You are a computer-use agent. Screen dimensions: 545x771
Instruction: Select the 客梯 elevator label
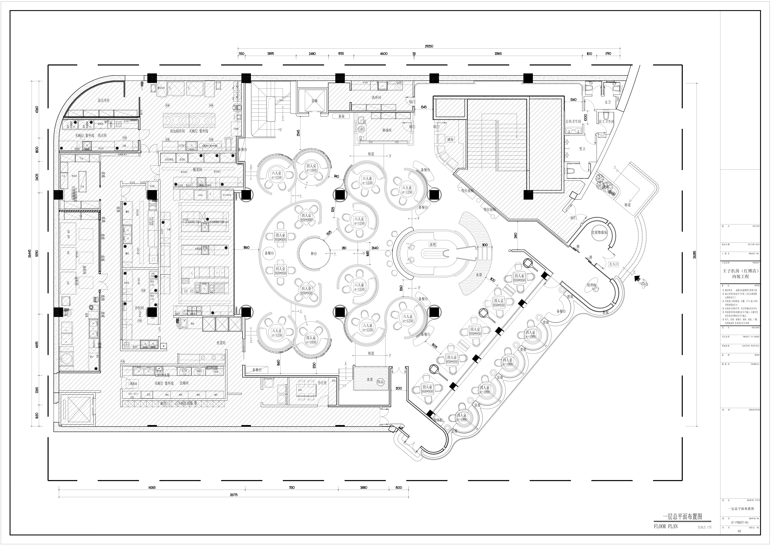[314, 100]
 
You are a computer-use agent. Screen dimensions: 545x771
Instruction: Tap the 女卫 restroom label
[607, 102]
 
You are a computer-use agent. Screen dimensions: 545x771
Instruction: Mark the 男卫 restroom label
[582, 149]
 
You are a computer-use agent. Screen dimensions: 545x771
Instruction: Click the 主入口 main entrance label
[613, 264]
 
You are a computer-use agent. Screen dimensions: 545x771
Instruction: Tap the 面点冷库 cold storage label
[104, 100]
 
